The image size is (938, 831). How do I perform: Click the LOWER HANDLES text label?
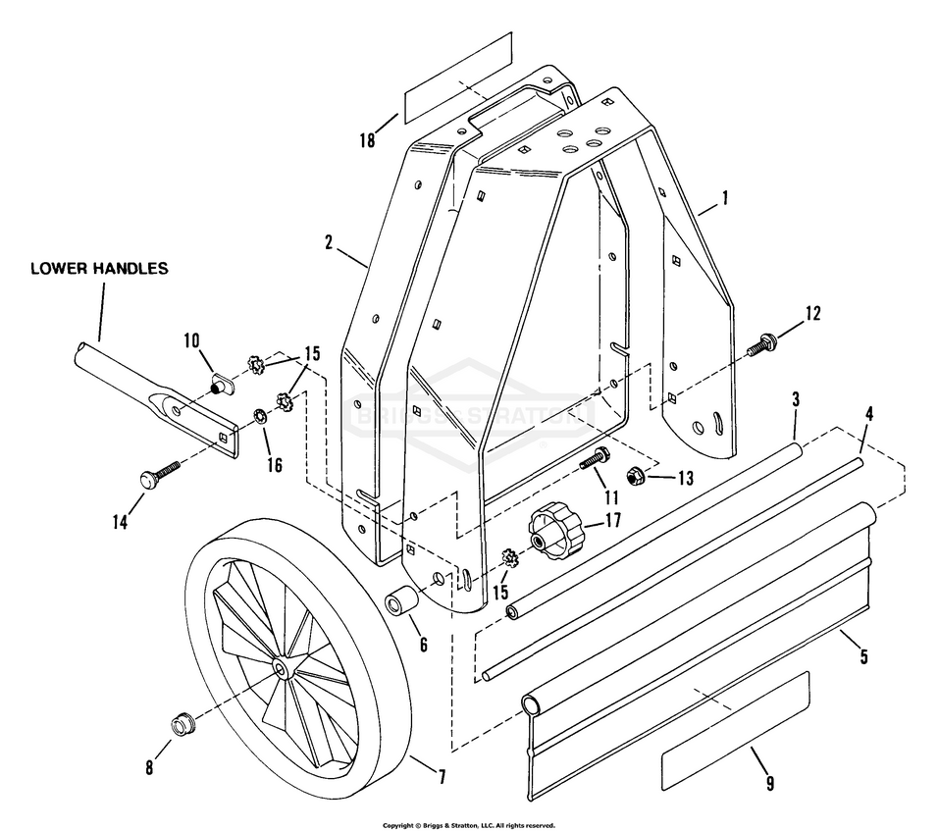pos(99,268)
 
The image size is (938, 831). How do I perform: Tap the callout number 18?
pos(367,140)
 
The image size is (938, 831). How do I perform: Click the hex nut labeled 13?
pos(634,477)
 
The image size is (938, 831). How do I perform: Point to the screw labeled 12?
pos(761,344)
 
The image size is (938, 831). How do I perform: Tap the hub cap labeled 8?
pos(182,723)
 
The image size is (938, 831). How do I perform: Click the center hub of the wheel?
pos(280,668)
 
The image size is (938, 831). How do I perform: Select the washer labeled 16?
pos(261,415)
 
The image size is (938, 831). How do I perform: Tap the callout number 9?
pos(770,783)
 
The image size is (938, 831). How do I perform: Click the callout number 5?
pos(863,656)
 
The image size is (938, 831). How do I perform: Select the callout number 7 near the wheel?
pos(442,777)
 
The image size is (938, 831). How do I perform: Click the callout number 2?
pos(328,243)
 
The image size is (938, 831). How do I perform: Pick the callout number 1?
pos(725,198)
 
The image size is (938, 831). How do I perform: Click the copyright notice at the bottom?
pos(469,825)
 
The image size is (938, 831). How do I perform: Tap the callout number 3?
pos(796,399)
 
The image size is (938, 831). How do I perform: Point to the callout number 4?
pos(869,413)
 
